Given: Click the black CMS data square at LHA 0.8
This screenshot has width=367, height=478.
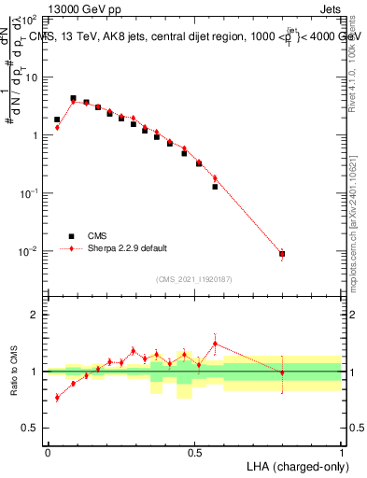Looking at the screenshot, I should coord(282,254).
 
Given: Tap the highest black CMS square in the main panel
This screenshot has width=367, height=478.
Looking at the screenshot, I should coord(73,98).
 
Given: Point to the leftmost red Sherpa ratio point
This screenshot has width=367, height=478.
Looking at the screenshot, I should coord(57,398).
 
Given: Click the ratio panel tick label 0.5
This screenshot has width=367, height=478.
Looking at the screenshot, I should coord(30,429).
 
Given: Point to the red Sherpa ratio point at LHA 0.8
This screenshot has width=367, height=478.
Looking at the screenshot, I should coord(282,373).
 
